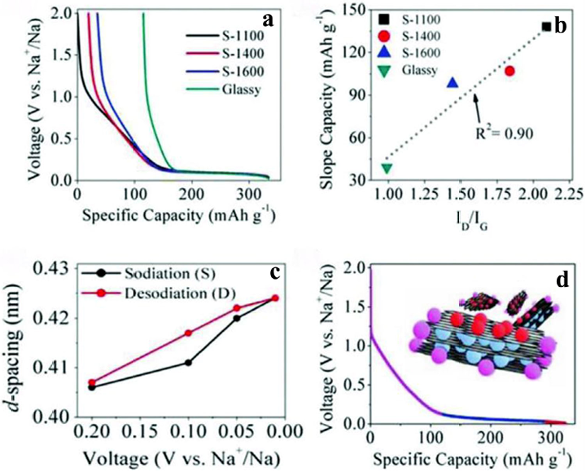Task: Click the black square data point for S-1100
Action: [x=547, y=27]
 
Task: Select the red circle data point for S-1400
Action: [x=509, y=71]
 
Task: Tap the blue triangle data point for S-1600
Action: [x=453, y=82]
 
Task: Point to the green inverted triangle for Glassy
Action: [x=387, y=169]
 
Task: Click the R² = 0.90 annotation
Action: [x=504, y=133]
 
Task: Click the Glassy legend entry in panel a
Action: [x=223, y=90]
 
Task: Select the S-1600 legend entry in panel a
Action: [x=225, y=72]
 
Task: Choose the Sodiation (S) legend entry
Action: [x=150, y=274]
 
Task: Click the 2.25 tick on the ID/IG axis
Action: [x=569, y=193]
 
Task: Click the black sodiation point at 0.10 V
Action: [x=188, y=362]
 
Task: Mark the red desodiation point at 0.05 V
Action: [x=237, y=308]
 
